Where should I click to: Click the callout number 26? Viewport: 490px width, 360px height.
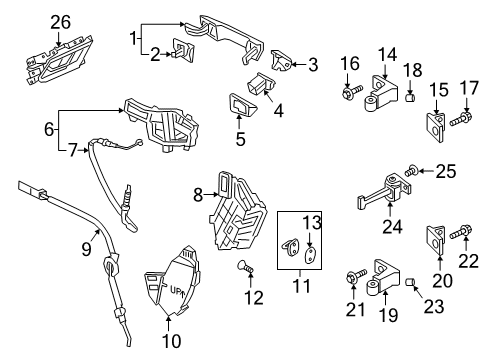coord(60,22)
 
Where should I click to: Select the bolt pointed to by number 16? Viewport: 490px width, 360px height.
coord(352,91)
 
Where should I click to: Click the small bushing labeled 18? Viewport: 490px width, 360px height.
coord(410,98)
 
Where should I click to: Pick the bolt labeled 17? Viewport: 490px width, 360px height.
coord(461,119)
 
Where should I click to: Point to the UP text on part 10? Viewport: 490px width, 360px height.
coord(175,290)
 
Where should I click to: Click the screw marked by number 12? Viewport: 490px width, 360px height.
coord(246,267)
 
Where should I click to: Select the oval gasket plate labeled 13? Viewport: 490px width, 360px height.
coord(310,255)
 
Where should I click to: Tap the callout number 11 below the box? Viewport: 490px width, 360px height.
coord(301,286)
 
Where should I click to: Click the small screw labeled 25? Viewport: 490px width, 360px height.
coord(411,171)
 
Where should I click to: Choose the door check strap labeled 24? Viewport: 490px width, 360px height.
coord(384,192)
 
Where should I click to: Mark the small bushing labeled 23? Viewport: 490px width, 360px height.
coord(410,282)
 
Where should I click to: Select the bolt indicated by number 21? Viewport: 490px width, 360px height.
coord(356,277)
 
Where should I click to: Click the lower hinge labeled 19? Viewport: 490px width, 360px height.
coord(383,278)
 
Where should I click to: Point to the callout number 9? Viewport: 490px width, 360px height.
coord(86,248)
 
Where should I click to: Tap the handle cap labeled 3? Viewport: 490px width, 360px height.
coord(282,60)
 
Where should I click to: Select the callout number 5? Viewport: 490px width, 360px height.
coord(240,139)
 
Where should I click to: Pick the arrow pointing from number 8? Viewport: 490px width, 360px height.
coord(211,194)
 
